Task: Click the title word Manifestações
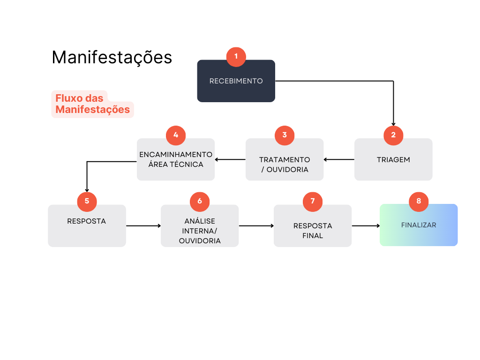112,57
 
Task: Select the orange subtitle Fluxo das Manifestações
92,104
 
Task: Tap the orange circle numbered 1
236,56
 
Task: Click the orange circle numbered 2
393,135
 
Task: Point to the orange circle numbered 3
285,135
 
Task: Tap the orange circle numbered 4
176,135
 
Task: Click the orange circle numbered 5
87,201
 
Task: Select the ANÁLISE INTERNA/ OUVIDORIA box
200,229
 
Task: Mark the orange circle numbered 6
200,201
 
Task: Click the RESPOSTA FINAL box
313,229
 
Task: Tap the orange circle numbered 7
313,201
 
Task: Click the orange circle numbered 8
419,201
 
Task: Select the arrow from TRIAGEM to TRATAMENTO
339,160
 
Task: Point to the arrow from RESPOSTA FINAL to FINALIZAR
366,226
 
